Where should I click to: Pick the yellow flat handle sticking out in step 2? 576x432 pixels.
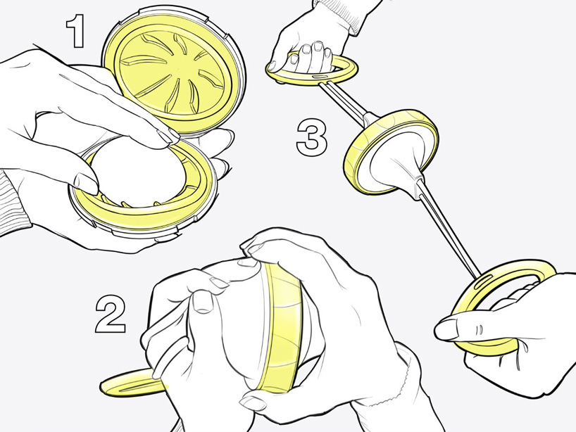click(130, 383)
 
